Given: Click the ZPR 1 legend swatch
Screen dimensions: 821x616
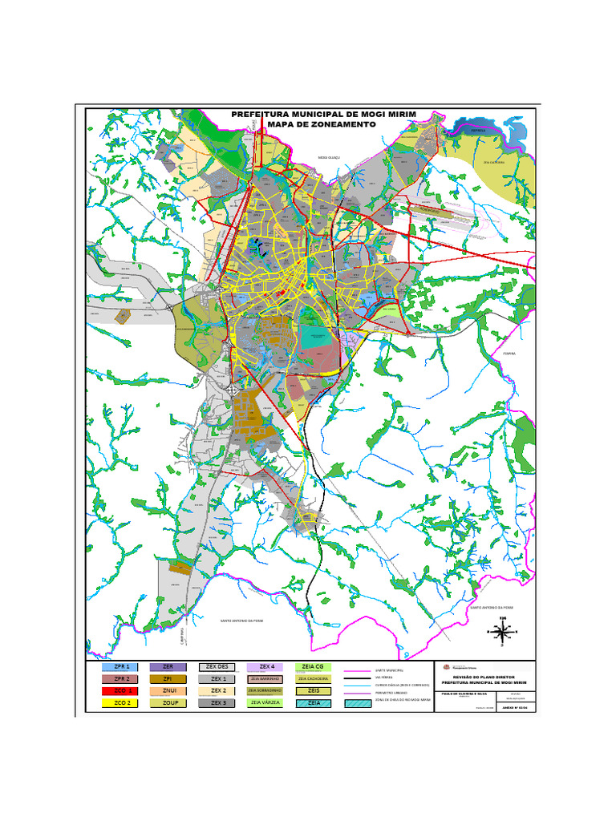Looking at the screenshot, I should coord(121,666).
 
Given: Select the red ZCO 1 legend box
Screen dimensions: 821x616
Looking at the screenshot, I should coord(121,690).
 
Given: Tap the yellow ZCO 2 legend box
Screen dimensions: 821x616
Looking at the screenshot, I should coord(121,702).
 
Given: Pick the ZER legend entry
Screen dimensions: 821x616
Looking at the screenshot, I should coord(168,666).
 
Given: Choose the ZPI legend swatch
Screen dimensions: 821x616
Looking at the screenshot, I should coord(168,678).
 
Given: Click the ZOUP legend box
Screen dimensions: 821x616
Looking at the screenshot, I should coord(168,702).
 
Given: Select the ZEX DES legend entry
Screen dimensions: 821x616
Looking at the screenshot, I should coord(217,666).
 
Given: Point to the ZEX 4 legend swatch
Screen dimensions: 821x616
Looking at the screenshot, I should coord(266,666).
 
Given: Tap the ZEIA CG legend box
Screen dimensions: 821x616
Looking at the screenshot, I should coord(313,666).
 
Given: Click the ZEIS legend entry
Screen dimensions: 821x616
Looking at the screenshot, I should coord(313,690).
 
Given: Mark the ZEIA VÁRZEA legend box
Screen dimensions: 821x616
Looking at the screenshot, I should coord(266,702).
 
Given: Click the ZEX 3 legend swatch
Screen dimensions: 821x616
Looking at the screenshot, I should coord(217,702).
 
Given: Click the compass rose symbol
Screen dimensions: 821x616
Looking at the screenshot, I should coord(503,633).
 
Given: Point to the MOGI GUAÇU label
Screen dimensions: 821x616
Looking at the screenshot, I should coord(329,158).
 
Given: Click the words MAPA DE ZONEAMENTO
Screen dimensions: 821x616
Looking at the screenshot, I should coord(321,125).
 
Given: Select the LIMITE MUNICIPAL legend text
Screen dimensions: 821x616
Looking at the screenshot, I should coord(389,670).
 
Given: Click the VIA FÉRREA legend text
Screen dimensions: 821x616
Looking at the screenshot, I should coord(384,677).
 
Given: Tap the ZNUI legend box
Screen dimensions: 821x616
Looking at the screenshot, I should coord(168,690).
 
